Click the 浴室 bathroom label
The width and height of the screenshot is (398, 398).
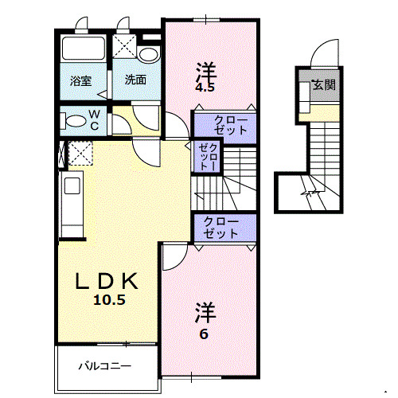tap(80, 80)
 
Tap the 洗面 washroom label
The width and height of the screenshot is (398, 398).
tap(134, 80)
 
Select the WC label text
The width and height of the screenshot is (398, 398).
tap(94, 120)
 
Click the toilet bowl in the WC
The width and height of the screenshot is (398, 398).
tap(73, 122)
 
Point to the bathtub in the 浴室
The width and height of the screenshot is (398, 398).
tap(82, 49)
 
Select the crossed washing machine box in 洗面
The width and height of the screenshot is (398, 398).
tap(123, 45)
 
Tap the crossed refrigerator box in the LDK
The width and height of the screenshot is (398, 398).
tap(80, 152)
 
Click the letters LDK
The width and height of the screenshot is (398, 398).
tap(107, 281)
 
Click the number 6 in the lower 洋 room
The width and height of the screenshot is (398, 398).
tap(204, 334)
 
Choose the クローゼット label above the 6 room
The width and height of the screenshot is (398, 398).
tap(220, 228)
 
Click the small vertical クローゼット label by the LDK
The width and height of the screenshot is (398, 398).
tap(205, 156)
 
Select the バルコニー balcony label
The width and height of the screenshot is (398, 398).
tap(104, 367)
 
